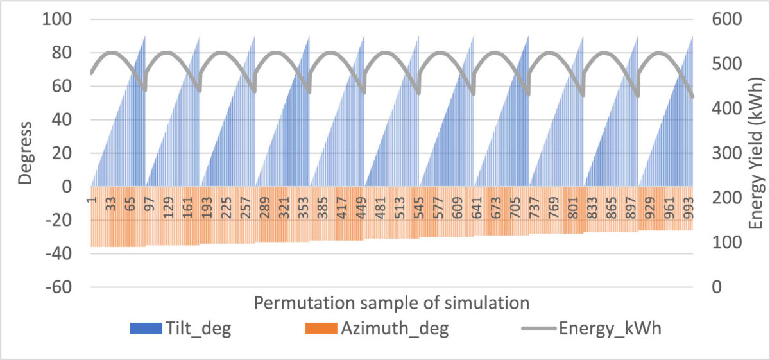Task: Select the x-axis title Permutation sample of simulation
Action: [x=391, y=302]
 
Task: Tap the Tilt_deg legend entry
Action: [x=180, y=329]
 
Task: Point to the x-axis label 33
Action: [x=111, y=207]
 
